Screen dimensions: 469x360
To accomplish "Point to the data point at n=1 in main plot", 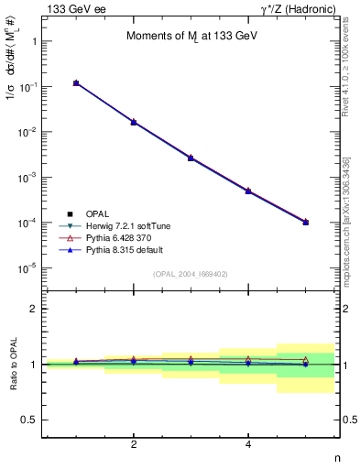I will pos(76,83).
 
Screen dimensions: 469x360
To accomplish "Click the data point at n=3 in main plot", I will pos(191,158).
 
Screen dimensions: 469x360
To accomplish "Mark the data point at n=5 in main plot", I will pos(305,222).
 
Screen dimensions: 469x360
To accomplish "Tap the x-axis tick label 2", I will pos(134,445).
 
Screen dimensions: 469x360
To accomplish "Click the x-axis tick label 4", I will pos(248,445).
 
